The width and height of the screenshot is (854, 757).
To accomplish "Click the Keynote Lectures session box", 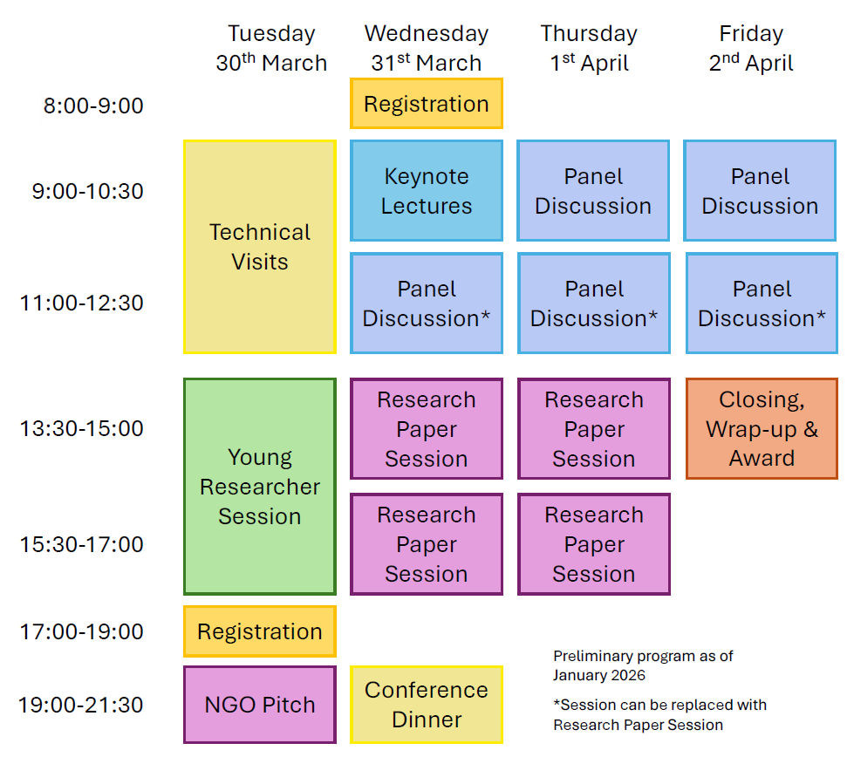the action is coord(427,191).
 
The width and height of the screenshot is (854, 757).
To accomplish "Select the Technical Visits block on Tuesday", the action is coord(260,247).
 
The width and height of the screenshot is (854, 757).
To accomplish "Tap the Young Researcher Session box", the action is coord(260,487).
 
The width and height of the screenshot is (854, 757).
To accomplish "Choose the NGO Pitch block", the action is coord(260,705).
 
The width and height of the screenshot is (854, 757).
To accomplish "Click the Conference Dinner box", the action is coord(427,705).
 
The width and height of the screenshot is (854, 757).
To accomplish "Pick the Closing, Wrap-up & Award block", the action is coord(762,428).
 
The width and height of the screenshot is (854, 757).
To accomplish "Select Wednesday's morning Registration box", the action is coord(427,104).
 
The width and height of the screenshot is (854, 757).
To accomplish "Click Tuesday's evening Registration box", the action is coord(260,631).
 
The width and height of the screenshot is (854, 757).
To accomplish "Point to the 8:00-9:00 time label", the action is coord(93,106).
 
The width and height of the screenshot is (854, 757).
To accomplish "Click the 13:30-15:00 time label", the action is coord(82,428).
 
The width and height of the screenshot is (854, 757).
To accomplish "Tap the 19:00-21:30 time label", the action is coord(80,705).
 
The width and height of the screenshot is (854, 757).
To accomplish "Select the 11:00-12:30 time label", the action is coord(82,303).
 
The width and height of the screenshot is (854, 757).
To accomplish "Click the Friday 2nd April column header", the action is coord(751,48).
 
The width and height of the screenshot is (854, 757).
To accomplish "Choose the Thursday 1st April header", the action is coord(590,48).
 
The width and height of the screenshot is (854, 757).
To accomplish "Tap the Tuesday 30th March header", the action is coord(271,48).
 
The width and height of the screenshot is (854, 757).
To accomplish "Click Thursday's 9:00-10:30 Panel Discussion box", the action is coord(593,191).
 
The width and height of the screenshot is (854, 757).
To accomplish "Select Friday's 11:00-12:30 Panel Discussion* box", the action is coord(762,303).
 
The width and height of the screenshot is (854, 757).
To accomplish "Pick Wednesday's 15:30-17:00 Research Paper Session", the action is coord(427,544).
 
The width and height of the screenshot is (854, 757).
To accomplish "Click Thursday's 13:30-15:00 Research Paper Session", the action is coord(594,428).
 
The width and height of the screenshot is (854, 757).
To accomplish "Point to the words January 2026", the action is coord(599,675).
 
